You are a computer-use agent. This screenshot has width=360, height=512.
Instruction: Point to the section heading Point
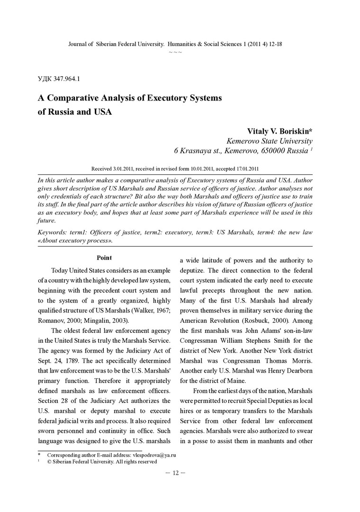click(104, 258)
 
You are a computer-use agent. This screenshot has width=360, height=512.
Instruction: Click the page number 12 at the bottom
click(175, 473)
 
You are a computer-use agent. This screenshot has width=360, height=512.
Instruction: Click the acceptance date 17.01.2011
click(243, 168)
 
